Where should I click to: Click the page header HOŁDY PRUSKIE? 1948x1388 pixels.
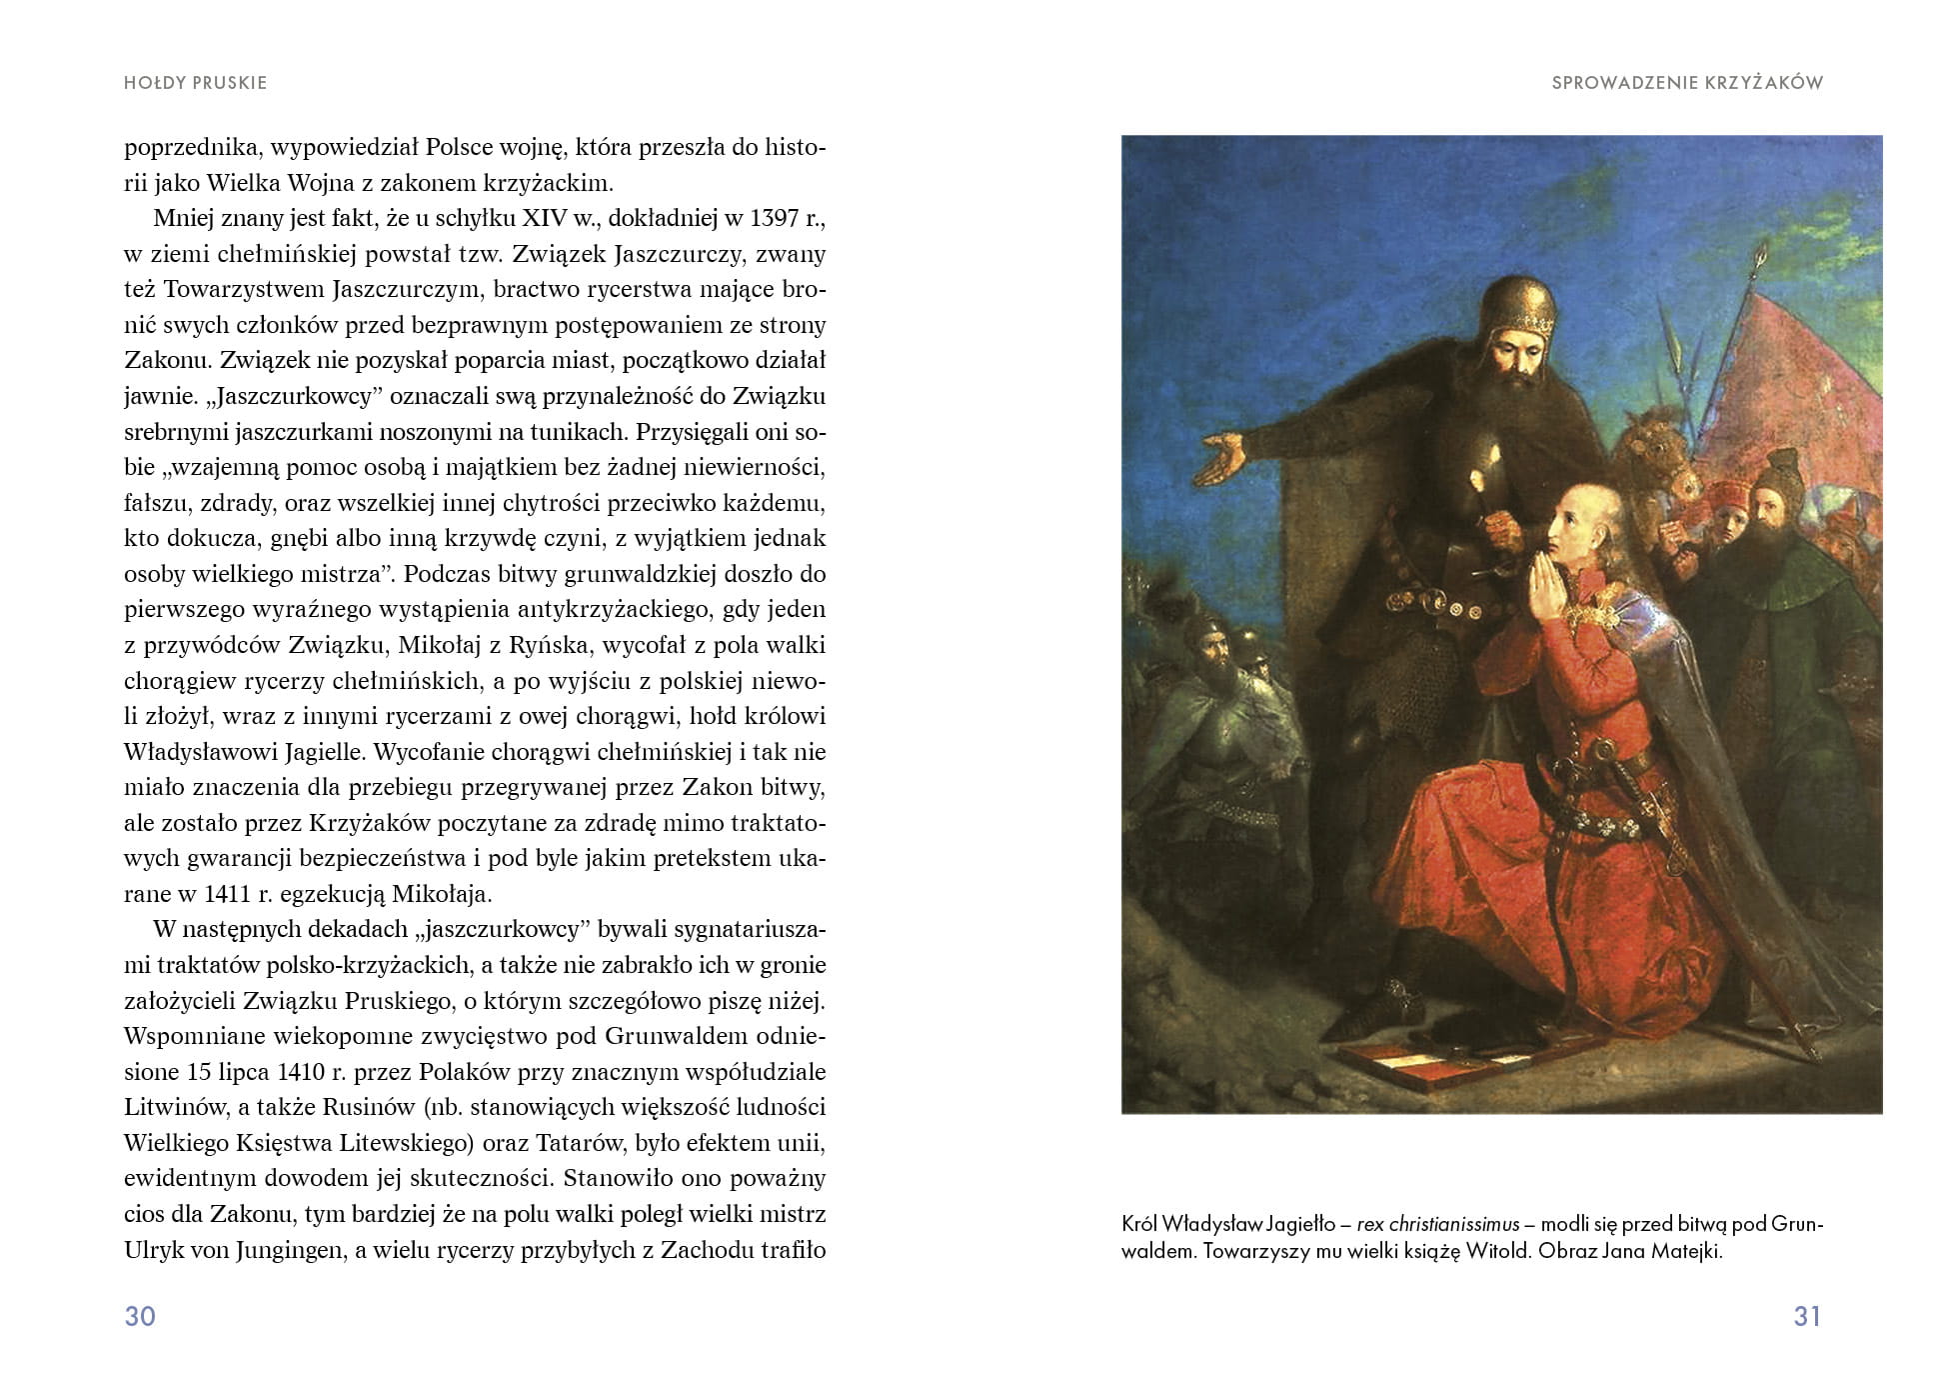[195, 83]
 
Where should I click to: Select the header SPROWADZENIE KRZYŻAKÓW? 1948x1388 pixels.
[1687, 83]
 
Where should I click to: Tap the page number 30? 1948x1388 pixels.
[140, 1316]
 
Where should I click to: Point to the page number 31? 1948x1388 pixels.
[1807, 1316]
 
